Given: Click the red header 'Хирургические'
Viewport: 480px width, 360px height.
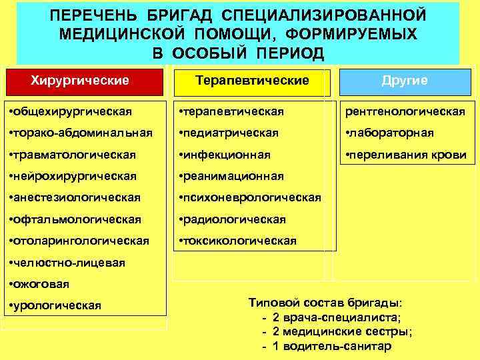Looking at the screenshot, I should point(81,81).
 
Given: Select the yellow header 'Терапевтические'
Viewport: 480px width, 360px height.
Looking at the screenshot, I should point(252,81).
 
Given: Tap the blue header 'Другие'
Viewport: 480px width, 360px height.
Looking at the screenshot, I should point(405,81).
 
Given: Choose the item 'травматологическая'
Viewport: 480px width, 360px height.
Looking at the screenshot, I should point(72,155).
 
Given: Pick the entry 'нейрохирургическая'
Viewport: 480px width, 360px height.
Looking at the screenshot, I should point(72,177).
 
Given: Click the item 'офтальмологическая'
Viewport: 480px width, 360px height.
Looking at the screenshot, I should point(72,219).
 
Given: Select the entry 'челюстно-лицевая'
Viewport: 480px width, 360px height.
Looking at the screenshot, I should point(65,263).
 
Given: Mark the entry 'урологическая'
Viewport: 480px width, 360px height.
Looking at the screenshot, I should point(55,305).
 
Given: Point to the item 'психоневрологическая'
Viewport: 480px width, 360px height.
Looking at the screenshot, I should point(249,198).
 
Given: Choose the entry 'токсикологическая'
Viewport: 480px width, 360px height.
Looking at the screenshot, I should point(237,241).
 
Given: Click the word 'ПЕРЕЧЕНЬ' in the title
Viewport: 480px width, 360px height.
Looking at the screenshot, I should point(93,15).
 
